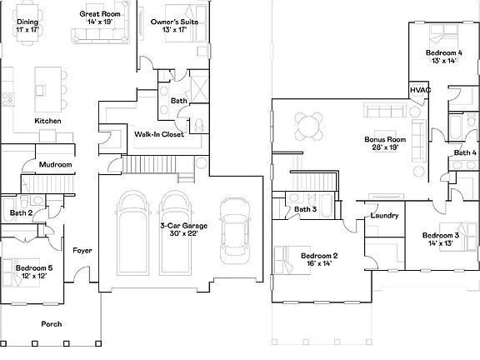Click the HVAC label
point(420,90)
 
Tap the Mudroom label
point(55,165)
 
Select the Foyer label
point(82,251)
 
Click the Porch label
point(52,324)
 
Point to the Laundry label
point(384,216)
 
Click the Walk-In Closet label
point(159,134)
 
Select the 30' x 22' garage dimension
point(183,233)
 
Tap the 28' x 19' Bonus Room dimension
point(385,147)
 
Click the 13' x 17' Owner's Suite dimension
point(174,29)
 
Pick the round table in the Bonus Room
point(309,126)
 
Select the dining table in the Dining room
point(27,23)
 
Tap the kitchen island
point(48,89)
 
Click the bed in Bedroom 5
point(22,272)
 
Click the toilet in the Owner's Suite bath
point(199,126)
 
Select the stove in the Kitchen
point(8,99)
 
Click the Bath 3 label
point(306,209)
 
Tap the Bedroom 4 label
point(444,52)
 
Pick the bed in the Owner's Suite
point(186,23)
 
